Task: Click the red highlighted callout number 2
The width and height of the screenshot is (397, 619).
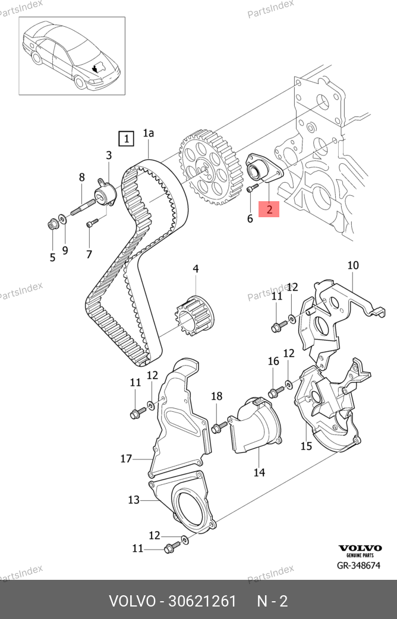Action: [269, 209]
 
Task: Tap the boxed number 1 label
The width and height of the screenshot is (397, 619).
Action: [126, 139]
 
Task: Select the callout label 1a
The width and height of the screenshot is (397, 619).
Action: [148, 134]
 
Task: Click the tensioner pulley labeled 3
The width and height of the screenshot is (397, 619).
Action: [106, 193]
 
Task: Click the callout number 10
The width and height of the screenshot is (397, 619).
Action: [353, 265]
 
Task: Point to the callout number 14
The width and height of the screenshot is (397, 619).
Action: [259, 472]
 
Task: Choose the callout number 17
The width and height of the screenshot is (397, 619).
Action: [125, 458]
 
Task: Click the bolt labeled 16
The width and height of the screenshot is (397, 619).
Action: [275, 392]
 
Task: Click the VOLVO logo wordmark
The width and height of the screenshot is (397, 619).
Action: [360, 548]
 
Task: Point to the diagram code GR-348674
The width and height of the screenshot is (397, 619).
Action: [358, 566]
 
